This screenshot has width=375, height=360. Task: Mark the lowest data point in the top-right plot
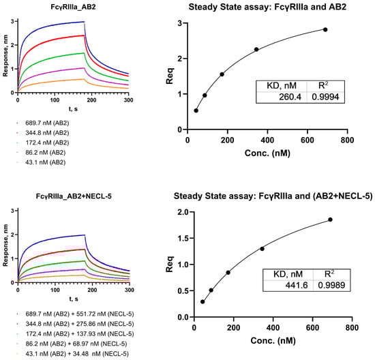pos(196,110)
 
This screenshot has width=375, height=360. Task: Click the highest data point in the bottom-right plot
pos(330,220)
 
